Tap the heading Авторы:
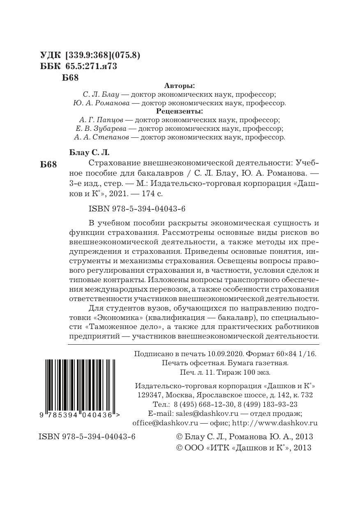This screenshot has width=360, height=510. [180, 86]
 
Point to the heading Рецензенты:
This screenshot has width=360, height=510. [180, 111]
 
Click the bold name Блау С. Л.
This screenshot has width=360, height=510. [88, 153]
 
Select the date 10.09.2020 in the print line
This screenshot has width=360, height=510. [226, 354]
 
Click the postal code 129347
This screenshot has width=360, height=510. [149, 395]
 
